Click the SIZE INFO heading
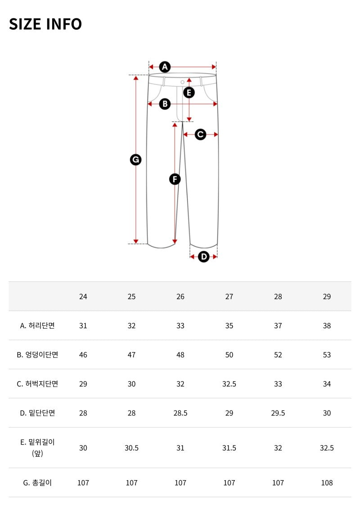point(45,24)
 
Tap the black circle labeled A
point(165,67)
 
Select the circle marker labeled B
point(165,104)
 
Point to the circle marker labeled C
point(200,134)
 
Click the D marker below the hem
point(204,257)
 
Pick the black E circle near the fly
point(189,93)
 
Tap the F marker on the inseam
point(175,179)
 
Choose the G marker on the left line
point(135,160)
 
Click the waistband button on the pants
point(182,82)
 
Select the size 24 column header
point(83,296)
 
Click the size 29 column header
point(327,296)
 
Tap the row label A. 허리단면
point(37,325)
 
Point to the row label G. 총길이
point(37,483)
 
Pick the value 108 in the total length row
point(327,483)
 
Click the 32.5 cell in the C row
point(229,384)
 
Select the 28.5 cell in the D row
point(180,413)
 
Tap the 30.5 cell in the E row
point(131,448)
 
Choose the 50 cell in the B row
point(229,355)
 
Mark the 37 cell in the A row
point(278,325)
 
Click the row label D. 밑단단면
point(37,413)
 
